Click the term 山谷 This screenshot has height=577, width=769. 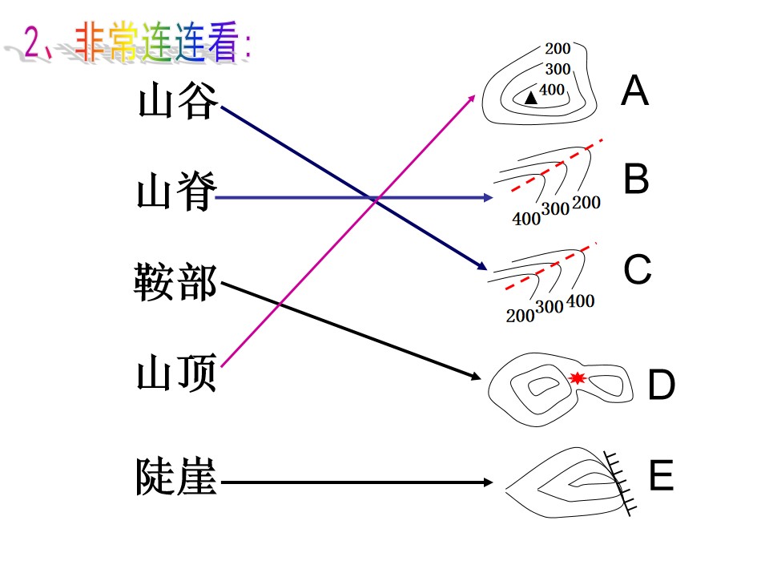[178, 100]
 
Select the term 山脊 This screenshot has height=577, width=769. [176, 191]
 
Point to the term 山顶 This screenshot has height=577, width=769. [176, 372]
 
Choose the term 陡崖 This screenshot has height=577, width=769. [176, 475]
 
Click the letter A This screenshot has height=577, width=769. [634, 91]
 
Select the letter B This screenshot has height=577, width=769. [636, 179]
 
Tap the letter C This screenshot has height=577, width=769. [637, 269]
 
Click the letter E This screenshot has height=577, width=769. [661, 475]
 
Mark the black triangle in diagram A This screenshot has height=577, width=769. [530, 97]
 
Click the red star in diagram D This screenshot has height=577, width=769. [578, 377]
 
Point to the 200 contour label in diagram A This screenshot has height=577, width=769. [558, 49]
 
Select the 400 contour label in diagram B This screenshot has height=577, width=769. [526, 218]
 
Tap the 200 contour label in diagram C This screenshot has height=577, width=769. [520, 316]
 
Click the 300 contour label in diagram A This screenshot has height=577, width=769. [558, 69]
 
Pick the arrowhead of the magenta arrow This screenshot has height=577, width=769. [471, 99]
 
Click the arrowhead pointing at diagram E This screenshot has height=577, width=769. [488, 482]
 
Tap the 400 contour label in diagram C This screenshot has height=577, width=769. [580, 301]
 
